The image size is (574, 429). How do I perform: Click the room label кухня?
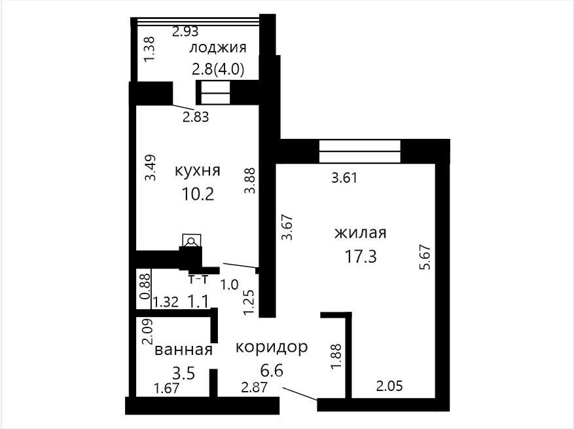[x=198, y=170]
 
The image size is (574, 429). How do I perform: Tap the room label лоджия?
[x=218, y=48]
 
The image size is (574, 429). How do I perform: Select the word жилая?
[x=361, y=233]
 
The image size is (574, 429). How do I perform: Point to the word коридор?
[x=272, y=347]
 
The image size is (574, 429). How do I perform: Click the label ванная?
[x=183, y=350]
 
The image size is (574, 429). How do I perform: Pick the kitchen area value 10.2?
[x=198, y=194]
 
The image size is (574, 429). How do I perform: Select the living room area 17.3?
[x=361, y=257]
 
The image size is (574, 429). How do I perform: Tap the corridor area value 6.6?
[x=272, y=371]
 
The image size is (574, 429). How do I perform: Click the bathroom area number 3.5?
[x=183, y=374]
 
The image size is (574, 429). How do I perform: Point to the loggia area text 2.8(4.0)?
[x=218, y=69]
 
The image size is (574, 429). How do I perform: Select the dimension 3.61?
[x=344, y=178]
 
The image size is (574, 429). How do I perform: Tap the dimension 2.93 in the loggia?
[x=185, y=31]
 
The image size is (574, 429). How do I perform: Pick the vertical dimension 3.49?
[x=151, y=168]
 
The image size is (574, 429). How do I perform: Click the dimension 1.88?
[x=336, y=356]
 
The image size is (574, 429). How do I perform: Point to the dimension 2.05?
[x=390, y=386]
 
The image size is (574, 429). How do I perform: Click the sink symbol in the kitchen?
[x=192, y=240]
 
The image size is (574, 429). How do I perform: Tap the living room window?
[x=360, y=151]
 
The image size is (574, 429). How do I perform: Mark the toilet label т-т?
[x=198, y=280]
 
